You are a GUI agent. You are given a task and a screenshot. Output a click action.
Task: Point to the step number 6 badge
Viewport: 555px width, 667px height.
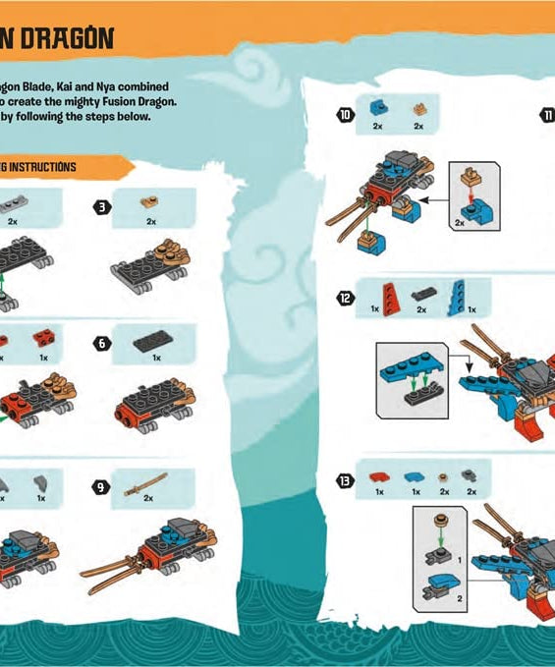point(101,343)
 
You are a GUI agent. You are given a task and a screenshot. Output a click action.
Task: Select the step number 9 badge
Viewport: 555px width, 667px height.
point(101,485)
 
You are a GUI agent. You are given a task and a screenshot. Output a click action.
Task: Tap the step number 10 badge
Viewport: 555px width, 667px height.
point(344,115)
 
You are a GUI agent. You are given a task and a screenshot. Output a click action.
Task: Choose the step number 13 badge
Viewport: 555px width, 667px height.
point(344,480)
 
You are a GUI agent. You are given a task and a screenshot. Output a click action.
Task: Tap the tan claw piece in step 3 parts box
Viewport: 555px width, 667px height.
point(150,201)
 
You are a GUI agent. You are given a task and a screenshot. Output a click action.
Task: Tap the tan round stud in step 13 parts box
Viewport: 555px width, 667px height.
point(444,476)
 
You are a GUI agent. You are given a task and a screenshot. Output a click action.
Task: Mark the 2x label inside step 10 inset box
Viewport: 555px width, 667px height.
point(461,222)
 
